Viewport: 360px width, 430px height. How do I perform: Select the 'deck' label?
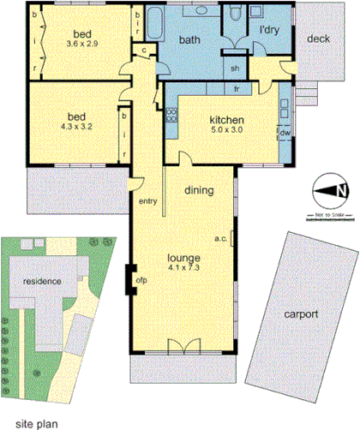point(318,39)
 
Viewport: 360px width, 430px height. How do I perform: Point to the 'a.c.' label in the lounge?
point(219,240)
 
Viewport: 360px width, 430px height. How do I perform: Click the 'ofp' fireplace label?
point(141,278)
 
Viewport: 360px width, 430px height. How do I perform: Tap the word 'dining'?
point(199,192)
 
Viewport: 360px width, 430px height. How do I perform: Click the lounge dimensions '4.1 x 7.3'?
point(184,268)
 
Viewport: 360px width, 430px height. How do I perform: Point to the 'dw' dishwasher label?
point(284,133)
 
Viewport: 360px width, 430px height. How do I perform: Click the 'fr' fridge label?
point(236,89)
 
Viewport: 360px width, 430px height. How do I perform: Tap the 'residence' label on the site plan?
point(41,280)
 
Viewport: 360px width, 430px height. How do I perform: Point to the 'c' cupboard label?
point(141,51)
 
